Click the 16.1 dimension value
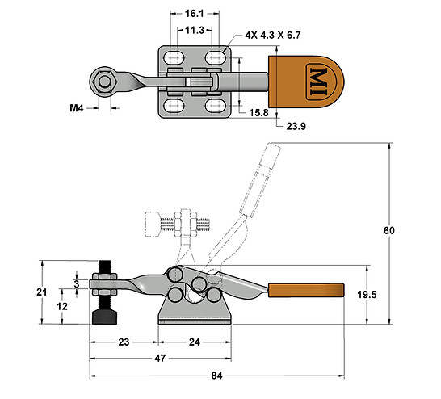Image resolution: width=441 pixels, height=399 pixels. (193, 15)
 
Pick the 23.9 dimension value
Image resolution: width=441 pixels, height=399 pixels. (298, 125)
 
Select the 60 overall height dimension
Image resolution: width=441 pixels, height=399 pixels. (388, 231)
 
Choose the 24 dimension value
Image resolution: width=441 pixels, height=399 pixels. (194, 341)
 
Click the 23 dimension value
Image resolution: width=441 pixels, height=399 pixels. (124, 341)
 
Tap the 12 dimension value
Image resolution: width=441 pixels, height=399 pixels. (61, 306)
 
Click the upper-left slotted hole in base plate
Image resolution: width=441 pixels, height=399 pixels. (172, 57)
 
